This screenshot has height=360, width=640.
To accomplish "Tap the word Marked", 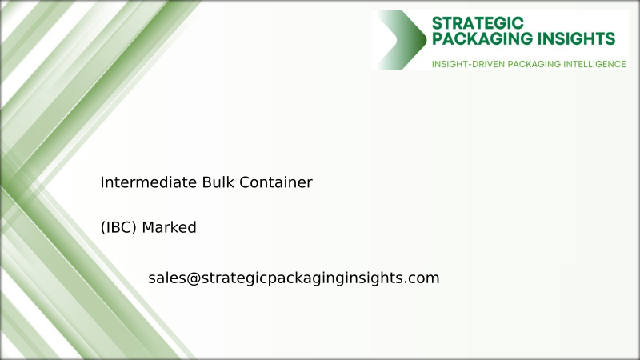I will pos(170,228).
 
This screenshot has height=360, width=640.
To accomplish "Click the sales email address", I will pos(294,278).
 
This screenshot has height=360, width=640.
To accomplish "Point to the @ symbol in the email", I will pos(192,278).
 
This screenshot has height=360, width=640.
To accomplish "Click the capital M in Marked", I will pos(148,228).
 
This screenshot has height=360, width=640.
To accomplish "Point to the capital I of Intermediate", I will pos(102,182).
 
